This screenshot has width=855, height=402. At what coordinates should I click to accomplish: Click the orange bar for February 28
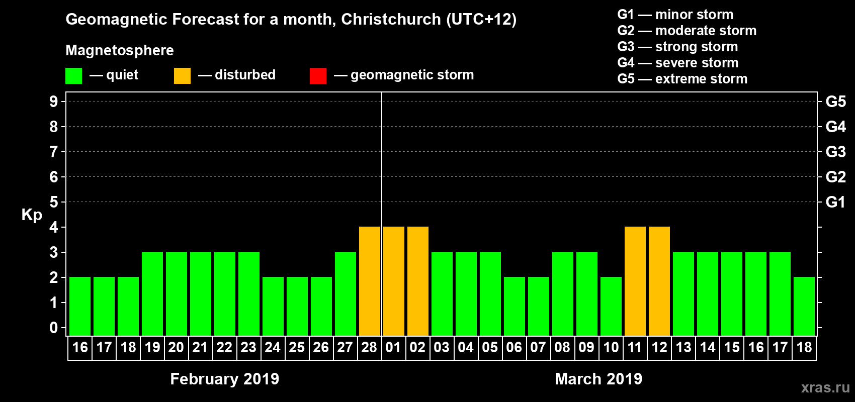coord(370,281)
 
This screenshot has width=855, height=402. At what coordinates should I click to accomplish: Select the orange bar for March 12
coord(659,281)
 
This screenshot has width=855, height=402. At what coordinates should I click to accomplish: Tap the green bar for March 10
coord(611,306)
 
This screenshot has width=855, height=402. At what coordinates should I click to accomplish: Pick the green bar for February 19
coord(152,293)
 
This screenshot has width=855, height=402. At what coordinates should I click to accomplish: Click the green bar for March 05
coord(490,293)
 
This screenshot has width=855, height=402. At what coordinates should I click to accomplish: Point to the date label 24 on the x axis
coord(273,347)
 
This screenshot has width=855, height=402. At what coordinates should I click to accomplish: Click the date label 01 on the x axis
coord(393,347)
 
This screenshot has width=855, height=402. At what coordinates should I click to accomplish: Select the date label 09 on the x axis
coord(586,347)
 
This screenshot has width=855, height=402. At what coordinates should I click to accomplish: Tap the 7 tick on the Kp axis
coord(54,152)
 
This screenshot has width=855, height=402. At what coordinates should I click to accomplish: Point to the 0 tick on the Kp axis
coord(54,328)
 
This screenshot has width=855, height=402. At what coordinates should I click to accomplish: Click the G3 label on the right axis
coord(835,152)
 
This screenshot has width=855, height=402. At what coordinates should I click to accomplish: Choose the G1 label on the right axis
coord(835,202)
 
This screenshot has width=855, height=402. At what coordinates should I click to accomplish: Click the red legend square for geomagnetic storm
coord(318,76)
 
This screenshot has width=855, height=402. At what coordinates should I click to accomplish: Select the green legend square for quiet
coord(74,76)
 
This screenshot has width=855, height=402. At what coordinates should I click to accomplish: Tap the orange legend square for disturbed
coord(182,76)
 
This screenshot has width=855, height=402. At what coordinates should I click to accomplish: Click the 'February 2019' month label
coord(225,379)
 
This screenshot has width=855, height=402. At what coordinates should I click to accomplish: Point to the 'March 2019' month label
coord(598,379)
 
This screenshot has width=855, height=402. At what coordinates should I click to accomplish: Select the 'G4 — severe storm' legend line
coord(678,63)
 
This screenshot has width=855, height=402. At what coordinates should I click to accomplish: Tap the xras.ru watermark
coord(825,387)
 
